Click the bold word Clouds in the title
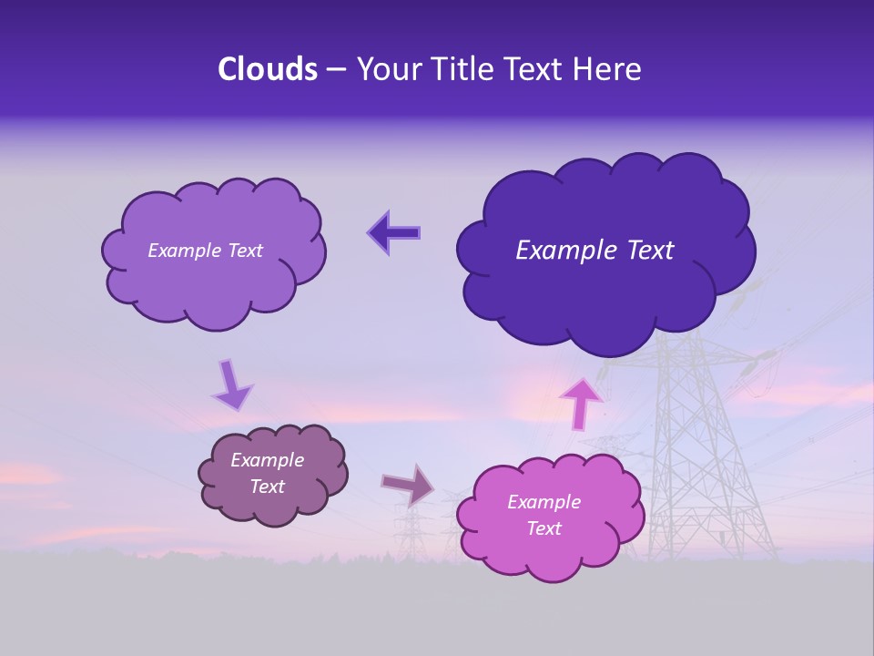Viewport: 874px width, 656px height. [268, 69]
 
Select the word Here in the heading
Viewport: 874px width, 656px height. [610, 69]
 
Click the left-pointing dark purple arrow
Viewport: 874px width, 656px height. [393, 232]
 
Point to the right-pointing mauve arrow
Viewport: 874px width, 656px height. [409, 484]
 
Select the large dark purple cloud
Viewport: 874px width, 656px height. [605, 292]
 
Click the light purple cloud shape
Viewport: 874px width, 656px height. [213, 287]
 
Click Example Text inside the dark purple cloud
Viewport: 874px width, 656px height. [595, 251]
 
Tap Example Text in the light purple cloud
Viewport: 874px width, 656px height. [205, 251]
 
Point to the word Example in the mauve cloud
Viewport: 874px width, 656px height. [268, 460]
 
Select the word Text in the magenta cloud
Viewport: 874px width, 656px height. [544, 528]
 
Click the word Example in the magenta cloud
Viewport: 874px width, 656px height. [544, 502]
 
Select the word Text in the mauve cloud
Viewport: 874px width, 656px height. [268, 487]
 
